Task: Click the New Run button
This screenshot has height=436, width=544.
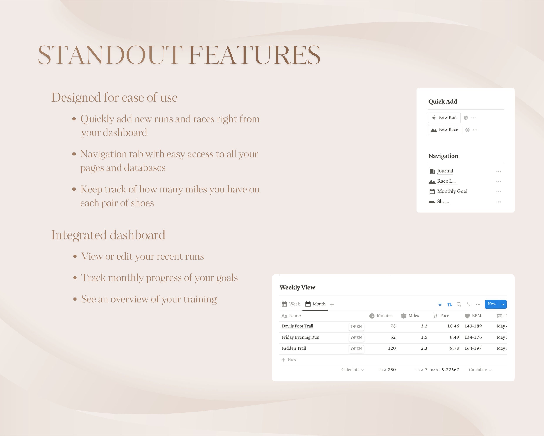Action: coord(444,118)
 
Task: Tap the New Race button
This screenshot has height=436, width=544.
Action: coord(445,130)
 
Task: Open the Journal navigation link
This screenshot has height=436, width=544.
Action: coord(445,171)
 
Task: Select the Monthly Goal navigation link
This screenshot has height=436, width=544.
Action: coord(452,191)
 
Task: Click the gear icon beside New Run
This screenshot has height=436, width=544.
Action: coord(466,118)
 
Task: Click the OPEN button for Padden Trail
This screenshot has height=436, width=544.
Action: coord(356,349)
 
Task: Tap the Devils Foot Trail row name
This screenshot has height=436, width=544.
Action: coord(297,326)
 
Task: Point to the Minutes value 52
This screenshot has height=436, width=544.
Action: coord(393,337)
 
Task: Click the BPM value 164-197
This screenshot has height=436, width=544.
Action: coord(473,348)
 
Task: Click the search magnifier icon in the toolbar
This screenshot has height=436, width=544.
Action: coord(459,304)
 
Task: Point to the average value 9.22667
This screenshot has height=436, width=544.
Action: coord(450,370)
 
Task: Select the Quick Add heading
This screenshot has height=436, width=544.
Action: coord(443,102)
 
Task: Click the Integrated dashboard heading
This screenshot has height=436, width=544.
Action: coord(108,235)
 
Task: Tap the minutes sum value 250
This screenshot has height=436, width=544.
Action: coord(392,370)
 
